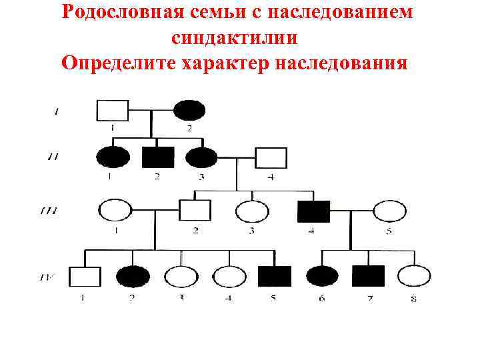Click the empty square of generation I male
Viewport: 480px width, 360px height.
(113, 110)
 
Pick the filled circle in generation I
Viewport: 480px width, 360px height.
(189, 110)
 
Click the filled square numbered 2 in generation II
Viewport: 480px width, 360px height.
(158, 157)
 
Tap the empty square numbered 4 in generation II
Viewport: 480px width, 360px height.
(271, 158)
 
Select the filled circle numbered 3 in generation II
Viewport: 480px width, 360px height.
(201, 157)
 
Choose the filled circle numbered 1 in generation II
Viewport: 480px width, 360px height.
(113, 157)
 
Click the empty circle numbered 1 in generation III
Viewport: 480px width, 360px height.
(115, 211)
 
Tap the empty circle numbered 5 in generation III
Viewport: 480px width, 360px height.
(389, 211)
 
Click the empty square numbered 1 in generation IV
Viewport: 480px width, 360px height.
(85, 276)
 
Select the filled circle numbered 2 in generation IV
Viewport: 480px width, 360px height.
(133, 276)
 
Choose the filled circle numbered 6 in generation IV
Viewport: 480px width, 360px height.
(323, 276)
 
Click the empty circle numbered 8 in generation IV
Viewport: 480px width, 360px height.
(414, 276)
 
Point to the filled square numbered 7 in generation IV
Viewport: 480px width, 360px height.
(368, 276)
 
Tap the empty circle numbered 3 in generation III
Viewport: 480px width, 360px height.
(252, 211)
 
